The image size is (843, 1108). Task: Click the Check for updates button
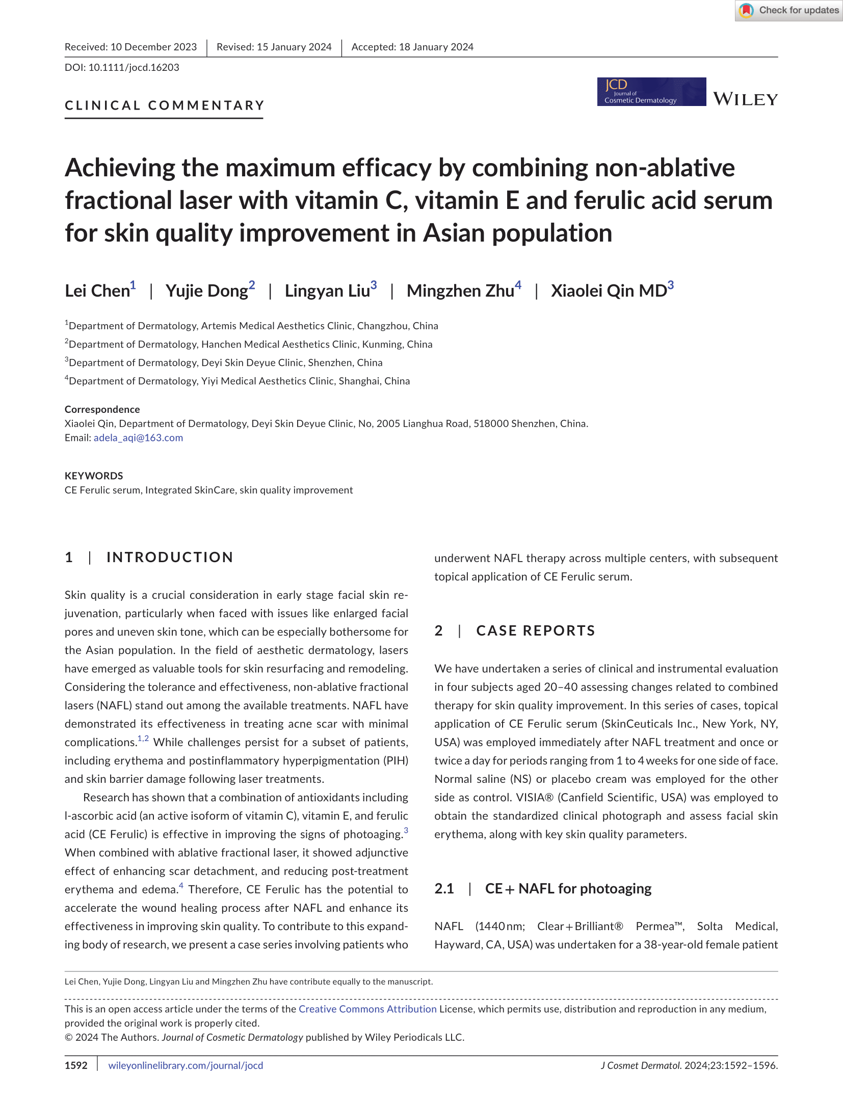coord(788,10)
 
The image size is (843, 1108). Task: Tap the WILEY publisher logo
coord(745,99)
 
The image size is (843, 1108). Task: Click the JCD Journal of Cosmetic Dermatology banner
coord(651,92)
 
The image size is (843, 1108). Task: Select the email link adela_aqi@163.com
coord(138,438)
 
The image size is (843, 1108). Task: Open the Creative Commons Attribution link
coord(367,1009)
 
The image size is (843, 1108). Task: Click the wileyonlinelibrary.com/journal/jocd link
coord(186,1065)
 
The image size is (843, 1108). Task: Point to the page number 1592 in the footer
coord(76,1065)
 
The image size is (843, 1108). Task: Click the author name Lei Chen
coord(97,291)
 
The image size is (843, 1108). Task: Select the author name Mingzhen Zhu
coord(460,291)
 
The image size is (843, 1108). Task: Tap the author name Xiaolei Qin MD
coord(609,291)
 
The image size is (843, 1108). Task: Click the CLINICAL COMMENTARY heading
coord(164,105)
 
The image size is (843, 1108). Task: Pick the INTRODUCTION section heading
coord(170,557)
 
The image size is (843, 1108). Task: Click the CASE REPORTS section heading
coord(535,630)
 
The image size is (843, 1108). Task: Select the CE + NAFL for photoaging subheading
coord(568,888)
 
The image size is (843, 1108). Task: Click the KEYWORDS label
coord(94,476)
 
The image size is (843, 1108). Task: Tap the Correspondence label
coord(102,409)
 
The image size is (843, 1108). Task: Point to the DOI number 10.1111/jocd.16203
coord(134,67)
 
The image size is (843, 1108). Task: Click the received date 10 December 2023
coord(153,47)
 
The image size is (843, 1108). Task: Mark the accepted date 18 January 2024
coord(436,47)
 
